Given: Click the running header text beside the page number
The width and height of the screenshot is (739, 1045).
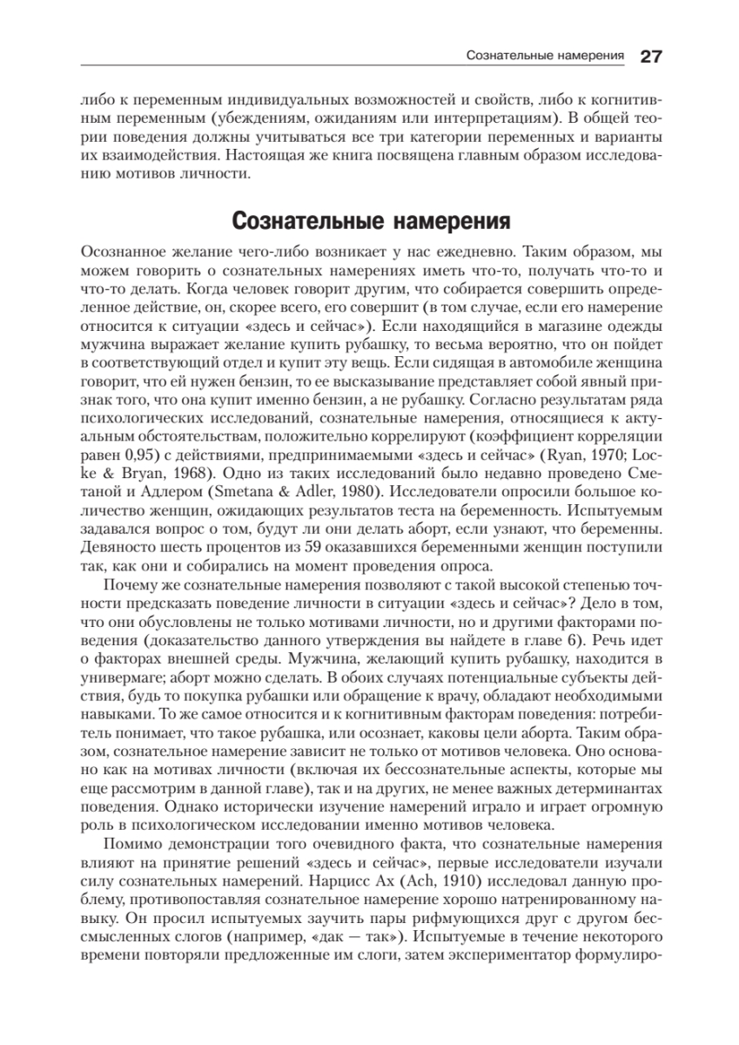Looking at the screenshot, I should pyautogui.click(x=547, y=57).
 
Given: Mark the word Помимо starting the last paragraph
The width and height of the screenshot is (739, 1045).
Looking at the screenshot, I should pyautogui.click(x=130, y=845).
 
